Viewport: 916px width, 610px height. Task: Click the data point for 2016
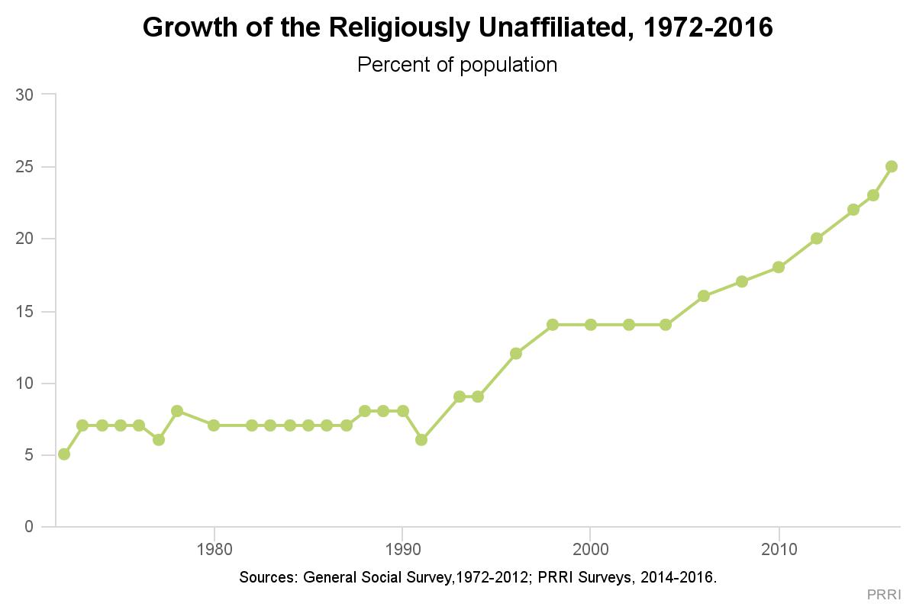[x=891, y=166]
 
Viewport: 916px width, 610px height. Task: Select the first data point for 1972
[x=64, y=454]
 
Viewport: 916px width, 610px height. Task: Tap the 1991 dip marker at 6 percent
[x=421, y=439]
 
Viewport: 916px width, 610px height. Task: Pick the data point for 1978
[x=177, y=411]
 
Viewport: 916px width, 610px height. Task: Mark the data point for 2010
[x=779, y=267]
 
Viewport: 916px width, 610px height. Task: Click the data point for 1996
[x=516, y=353]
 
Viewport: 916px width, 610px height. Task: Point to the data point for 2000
[x=590, y=324]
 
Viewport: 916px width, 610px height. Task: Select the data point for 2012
[x=817, y=239]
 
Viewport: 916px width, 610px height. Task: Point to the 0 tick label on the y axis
[x=29, y=527]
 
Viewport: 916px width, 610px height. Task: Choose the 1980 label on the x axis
[x=214, y=549]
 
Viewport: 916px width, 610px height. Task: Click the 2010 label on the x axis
[x=779, y=549]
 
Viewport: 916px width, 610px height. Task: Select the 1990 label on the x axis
[x=402, y=549]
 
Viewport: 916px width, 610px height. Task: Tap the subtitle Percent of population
[x=457, y=65]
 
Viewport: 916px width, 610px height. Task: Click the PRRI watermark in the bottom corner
[x=883, y=594]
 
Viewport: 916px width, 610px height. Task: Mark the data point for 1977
[x=158, y=439]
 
